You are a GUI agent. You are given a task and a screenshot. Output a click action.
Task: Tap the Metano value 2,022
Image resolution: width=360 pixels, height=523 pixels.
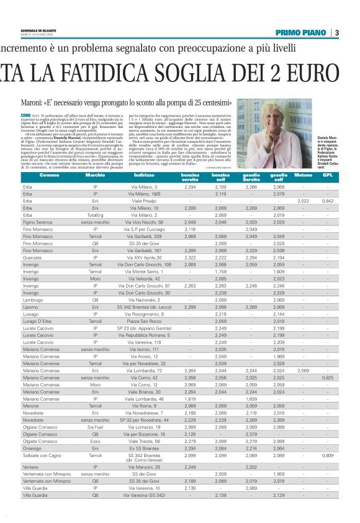303,201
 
